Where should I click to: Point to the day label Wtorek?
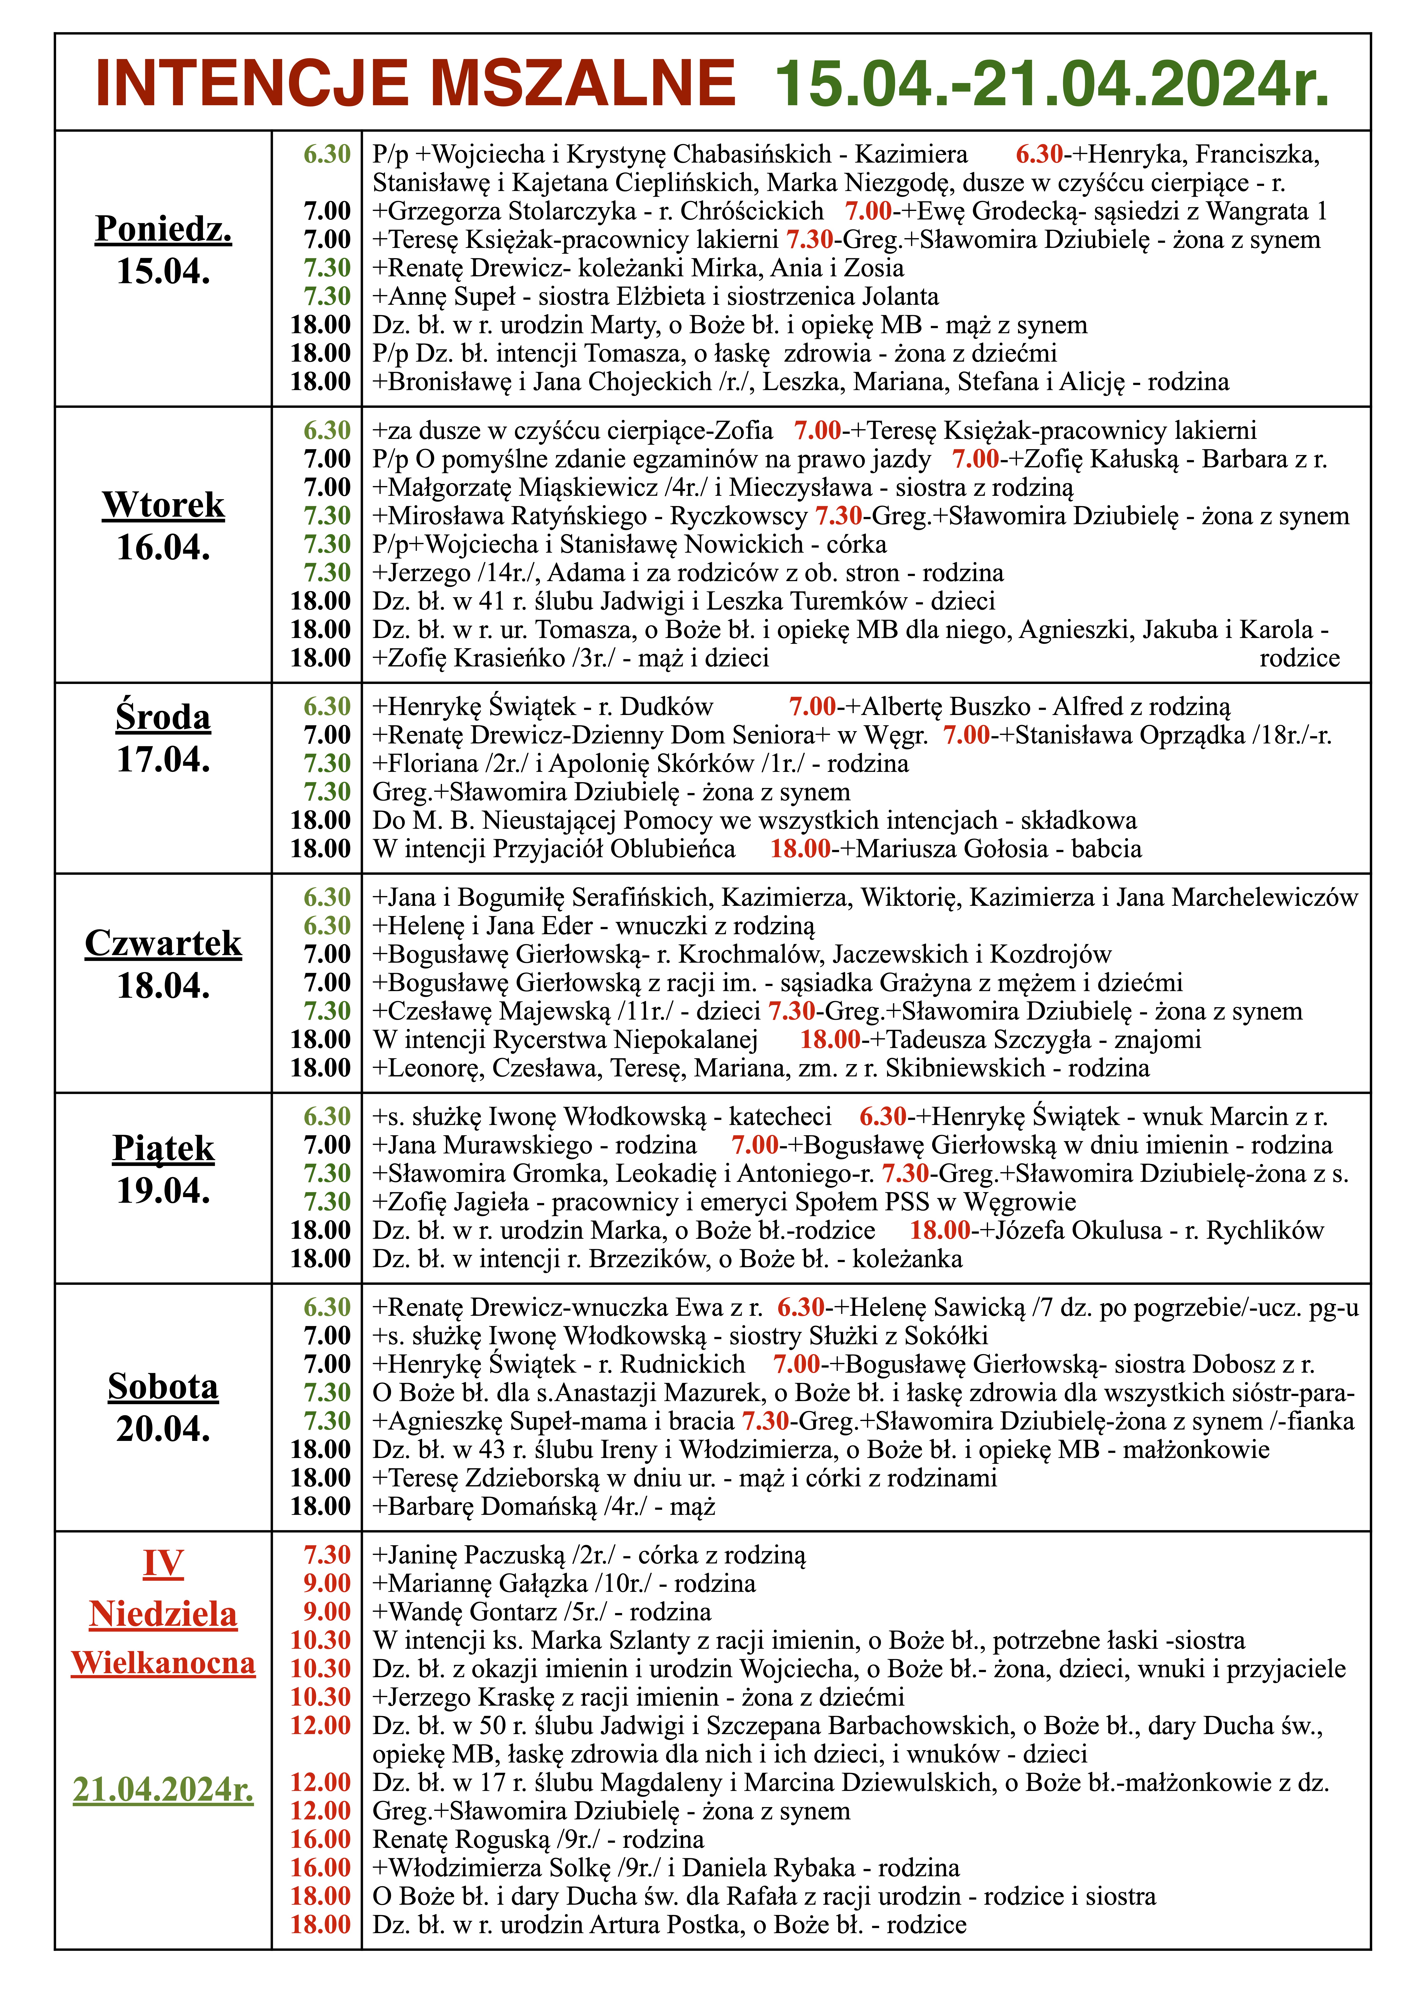click(163, 505)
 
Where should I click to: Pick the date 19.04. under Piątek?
click(163, 1190)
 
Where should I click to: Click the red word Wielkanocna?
click(163, 1663)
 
